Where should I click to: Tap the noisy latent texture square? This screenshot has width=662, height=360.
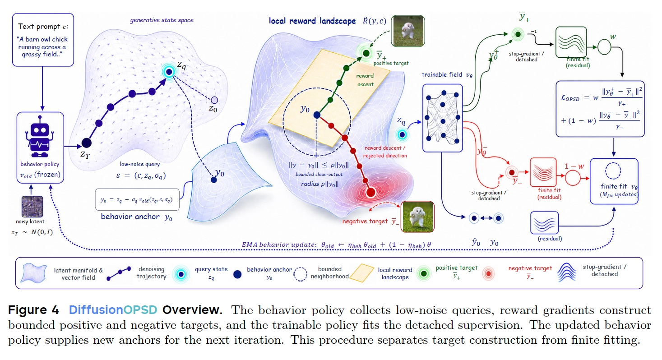[32, 207]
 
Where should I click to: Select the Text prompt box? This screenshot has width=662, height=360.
[43, 40]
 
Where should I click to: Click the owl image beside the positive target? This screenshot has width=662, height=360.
[408, 31]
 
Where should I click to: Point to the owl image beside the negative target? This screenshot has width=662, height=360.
[417, 217]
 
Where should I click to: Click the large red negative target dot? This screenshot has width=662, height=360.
[370, 193]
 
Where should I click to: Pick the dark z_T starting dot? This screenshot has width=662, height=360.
[86, 143]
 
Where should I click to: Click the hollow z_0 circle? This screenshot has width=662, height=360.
[214, 100]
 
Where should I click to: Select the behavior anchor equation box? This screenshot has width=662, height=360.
[137, 199]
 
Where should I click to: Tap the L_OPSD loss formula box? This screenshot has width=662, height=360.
[600, 109]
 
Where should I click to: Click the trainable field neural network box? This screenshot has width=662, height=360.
[442, 118]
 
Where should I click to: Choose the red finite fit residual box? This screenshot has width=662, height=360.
[543, 172]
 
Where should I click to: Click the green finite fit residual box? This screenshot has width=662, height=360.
[571, 42]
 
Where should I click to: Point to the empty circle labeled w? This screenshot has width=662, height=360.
[604, 47]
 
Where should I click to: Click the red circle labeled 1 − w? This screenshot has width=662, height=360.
[573, 178]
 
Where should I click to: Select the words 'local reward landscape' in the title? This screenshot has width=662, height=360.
[312, 21]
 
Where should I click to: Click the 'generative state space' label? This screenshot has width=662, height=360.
[162, 20]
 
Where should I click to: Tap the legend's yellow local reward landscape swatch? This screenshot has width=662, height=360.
[362, 273]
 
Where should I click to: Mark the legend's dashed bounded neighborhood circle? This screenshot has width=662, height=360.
[300, 274]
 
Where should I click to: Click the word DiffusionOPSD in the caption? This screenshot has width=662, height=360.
[113, 310]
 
